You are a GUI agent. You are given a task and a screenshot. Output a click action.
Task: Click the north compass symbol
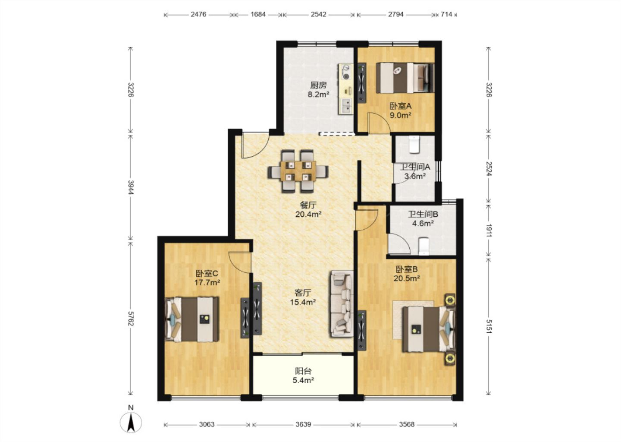coord(131,423)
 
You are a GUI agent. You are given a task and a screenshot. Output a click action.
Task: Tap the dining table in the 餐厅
coord(298,171)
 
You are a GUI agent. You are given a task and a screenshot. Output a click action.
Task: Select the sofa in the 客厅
coord(342,304)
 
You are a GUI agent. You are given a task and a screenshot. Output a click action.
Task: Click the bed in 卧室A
coord(405,78)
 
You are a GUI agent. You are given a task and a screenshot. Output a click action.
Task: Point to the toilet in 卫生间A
coord(414,145)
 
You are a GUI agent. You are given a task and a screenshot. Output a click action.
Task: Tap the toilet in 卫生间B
coord(423,246)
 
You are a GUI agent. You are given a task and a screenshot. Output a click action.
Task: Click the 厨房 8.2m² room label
coord(318,90)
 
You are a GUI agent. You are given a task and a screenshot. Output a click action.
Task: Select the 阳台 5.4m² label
coord(303,376)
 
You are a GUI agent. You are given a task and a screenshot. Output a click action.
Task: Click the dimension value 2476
coord(198,14)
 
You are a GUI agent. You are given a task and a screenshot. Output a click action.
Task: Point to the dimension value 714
coord(446,14)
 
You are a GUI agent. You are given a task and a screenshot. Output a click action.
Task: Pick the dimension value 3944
coord(131,187)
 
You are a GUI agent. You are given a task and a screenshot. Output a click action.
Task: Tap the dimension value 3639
coord(303,424)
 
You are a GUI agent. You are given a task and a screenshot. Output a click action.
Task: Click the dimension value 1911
coord(489,230)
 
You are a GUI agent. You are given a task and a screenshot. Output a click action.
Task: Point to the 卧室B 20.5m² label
coord(406,274)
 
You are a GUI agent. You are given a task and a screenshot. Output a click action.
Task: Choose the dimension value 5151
coord(489,326)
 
